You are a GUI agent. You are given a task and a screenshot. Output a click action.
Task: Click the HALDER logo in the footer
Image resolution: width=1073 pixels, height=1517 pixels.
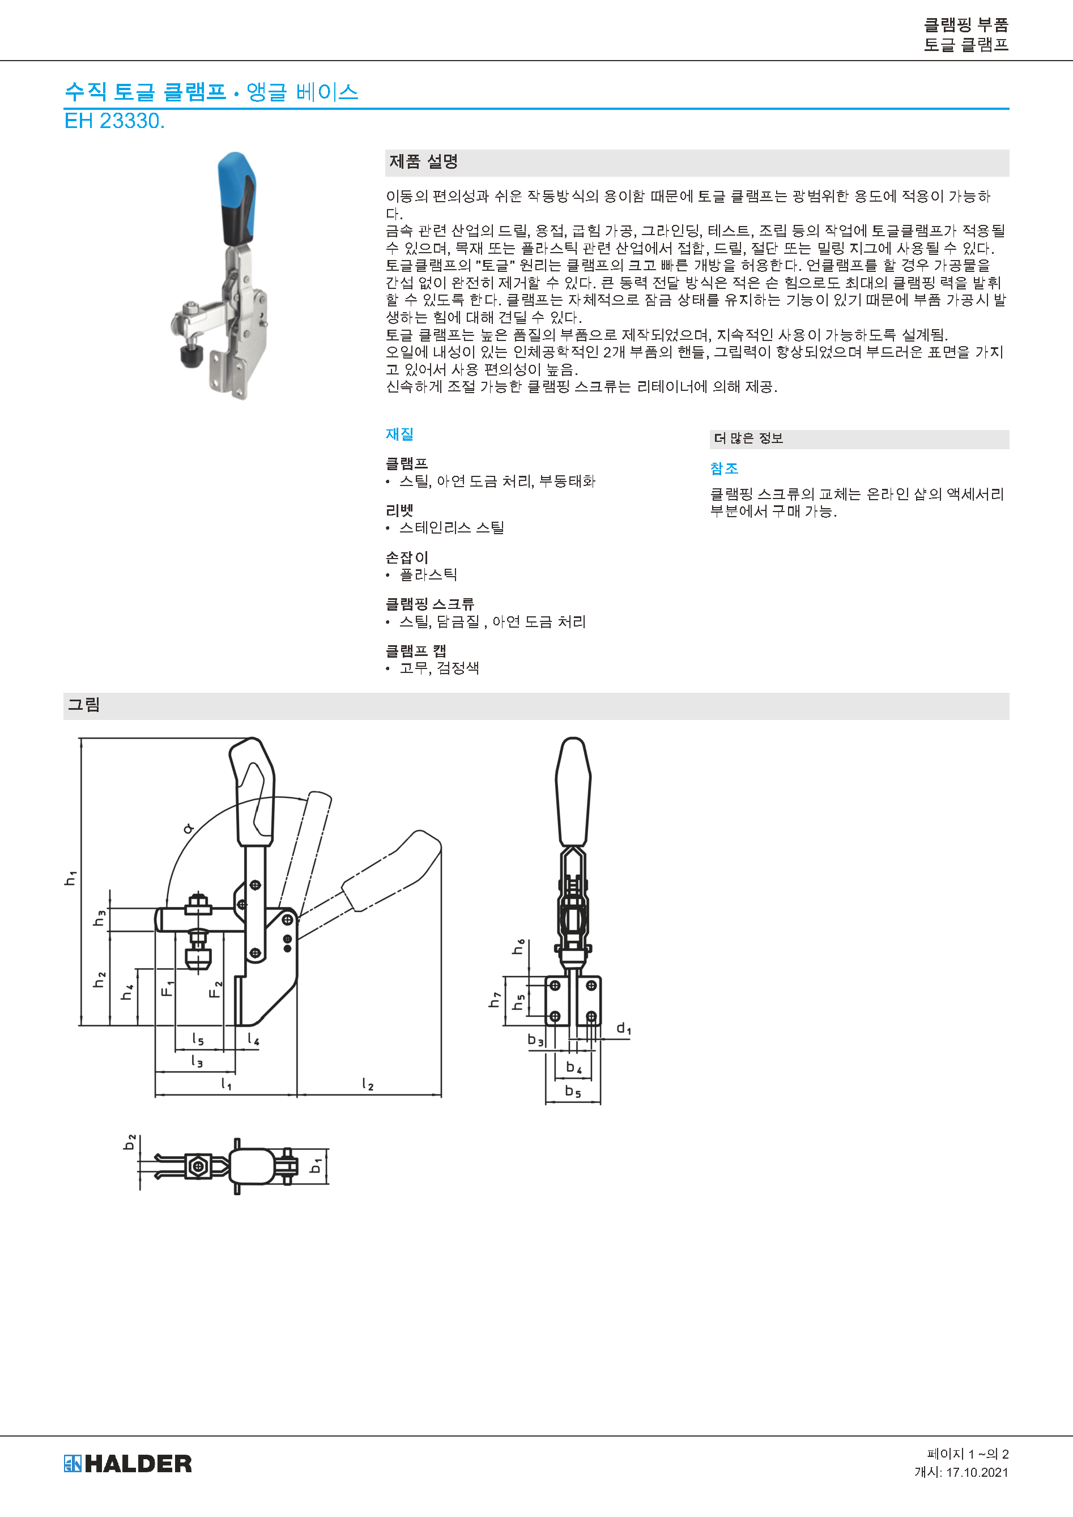127,1464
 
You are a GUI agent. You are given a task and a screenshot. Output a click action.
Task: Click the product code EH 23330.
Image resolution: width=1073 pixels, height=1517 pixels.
114,121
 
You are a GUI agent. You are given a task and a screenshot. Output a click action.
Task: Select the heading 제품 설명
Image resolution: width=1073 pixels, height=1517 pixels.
424,162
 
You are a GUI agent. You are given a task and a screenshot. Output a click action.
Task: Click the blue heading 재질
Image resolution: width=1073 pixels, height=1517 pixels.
400,434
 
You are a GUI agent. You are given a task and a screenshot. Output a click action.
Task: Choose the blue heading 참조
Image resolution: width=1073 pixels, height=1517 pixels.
724,468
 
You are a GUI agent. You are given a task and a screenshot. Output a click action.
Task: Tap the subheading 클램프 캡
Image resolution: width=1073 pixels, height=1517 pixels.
416,651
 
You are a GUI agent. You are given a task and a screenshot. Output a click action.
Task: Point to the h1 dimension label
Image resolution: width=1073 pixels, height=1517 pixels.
71,877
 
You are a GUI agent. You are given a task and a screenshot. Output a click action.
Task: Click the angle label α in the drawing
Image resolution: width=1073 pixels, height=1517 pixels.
188,828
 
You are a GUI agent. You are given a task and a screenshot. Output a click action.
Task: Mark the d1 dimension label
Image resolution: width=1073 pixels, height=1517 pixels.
624,1028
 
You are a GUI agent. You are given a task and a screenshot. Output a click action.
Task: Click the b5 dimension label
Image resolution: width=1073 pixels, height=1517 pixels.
573,1091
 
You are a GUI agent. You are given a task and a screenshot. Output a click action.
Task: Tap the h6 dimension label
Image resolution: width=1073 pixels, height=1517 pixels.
519,947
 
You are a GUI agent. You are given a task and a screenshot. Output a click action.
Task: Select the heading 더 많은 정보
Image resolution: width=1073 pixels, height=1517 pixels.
748,438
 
